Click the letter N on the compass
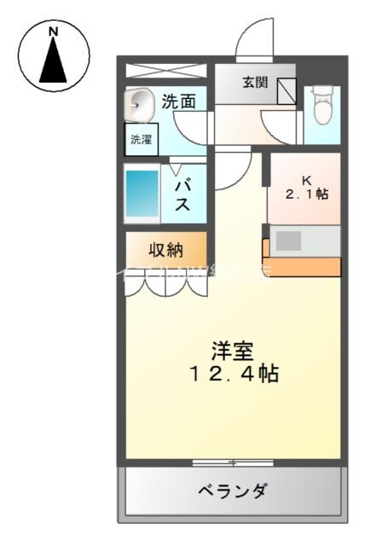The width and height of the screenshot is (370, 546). click(53, 32)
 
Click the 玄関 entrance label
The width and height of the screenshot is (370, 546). click(254, 83)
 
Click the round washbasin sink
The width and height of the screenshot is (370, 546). click(141, 106)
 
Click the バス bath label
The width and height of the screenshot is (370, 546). click(182, 194)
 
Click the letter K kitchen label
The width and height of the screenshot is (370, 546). click(305, 180)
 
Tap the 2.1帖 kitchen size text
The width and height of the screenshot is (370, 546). click(306, 195)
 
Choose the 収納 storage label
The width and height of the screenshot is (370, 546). click(166, 250)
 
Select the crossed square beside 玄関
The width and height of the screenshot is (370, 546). click(286, 91)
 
